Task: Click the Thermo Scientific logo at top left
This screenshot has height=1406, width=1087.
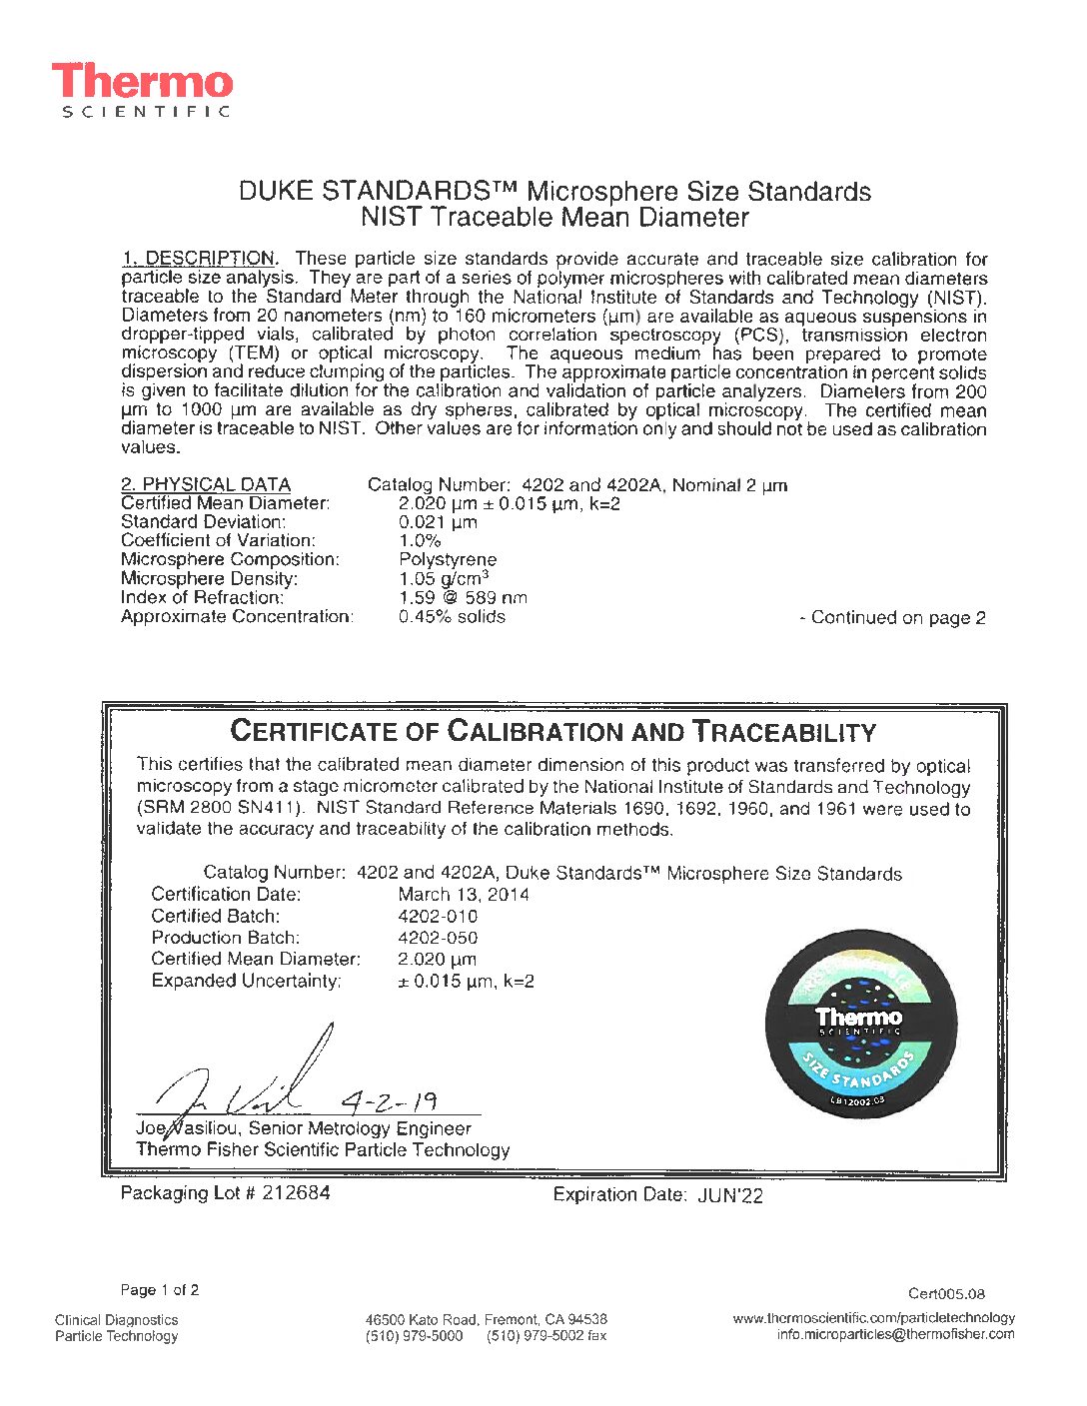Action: (142, 90)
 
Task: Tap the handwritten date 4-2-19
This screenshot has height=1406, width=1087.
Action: (389, 1102)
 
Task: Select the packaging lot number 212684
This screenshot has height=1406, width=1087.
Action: (296, 1193)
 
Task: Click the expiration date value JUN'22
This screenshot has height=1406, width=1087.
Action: (729, 1195)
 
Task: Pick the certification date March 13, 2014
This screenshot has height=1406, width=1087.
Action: (464, 895)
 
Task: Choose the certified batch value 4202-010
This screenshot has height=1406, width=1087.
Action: (438, 917)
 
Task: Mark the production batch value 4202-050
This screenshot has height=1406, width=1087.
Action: (438, 938)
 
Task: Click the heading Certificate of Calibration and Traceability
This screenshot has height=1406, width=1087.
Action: (552, 731)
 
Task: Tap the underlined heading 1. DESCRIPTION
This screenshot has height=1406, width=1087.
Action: (200, 259)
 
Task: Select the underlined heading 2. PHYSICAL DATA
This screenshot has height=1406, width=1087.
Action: (206, 485)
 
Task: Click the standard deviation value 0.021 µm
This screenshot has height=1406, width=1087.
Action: (438, 522)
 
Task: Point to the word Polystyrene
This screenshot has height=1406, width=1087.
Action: (448, 560)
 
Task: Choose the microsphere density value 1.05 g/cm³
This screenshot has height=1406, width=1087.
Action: (444, 579)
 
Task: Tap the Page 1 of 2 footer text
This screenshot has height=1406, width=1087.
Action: (160, 1290)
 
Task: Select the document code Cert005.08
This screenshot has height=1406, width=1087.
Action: (946, 1294)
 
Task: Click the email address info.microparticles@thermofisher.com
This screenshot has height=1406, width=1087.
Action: (895, 1335)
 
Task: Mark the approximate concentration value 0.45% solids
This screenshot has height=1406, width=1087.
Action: (452, 617)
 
